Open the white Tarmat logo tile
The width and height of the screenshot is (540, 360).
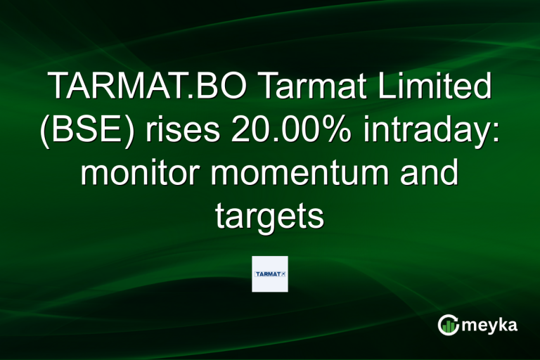[270, 274]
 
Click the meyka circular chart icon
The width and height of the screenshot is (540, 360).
[449, 325]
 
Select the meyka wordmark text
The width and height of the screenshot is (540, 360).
[489, 325]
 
